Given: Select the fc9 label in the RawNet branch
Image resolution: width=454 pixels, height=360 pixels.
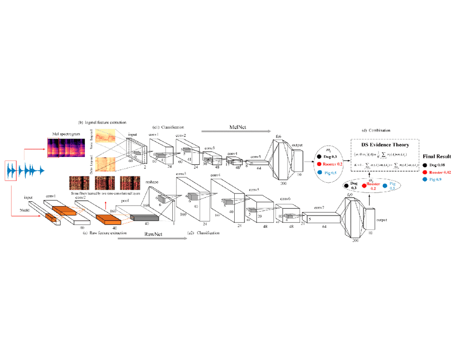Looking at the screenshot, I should (350, 194).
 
